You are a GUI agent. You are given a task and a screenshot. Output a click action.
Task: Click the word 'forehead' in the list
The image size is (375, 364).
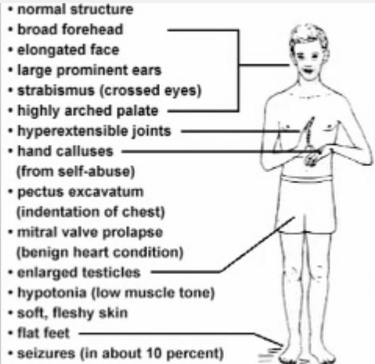[x=96, y=29]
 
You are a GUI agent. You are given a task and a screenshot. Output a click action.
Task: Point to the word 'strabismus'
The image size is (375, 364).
[x=56, y=90]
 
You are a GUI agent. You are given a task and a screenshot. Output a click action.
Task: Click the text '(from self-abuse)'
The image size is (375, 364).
[x=76, y=171]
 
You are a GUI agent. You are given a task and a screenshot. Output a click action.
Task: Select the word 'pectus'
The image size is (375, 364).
[x=41, y=193]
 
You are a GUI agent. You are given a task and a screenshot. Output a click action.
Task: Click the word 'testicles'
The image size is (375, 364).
[x=111, y=272]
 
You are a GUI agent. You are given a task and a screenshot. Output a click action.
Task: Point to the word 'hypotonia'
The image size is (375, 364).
[x=52, y=293]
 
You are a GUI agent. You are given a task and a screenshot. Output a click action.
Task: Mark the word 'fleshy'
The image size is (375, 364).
[x=73, y=313]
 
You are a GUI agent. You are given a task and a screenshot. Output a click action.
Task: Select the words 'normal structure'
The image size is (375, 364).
[x=75, y=9]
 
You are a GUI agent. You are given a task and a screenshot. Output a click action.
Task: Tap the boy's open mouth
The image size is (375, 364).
[x=308, y=70]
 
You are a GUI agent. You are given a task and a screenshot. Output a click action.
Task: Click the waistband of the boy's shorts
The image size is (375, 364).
[x=307, y=179]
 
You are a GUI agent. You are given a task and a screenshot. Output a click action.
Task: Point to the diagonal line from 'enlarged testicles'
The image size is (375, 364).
[x=258, y=245]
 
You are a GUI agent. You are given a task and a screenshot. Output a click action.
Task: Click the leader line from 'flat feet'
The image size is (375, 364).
[x=180, y=333]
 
